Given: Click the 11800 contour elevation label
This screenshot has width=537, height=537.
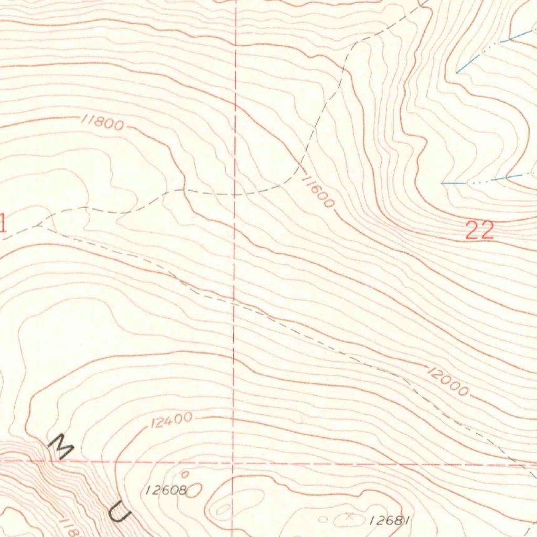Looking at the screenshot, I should [103, 123].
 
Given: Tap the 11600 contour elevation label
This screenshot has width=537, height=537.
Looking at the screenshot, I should [318, 192].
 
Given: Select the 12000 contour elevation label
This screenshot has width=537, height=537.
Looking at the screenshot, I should [447, 382].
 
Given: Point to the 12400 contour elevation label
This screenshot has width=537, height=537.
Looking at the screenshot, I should [171, 420].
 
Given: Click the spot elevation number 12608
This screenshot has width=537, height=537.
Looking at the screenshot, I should [166, 490].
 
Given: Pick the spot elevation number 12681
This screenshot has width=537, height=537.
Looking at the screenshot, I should [389, 520].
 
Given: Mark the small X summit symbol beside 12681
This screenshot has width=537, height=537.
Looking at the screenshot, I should [350, 517].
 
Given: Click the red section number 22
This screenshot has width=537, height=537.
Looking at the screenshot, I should [480, 230].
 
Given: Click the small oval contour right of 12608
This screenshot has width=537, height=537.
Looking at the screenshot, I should [195, 490].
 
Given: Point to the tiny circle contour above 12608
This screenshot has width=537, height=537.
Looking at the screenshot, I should [185, 474].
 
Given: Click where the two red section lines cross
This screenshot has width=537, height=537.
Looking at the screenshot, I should [233, 464].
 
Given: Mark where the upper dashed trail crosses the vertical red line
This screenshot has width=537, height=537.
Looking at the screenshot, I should [234, 194].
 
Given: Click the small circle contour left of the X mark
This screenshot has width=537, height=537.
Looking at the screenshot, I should [324, 520].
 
